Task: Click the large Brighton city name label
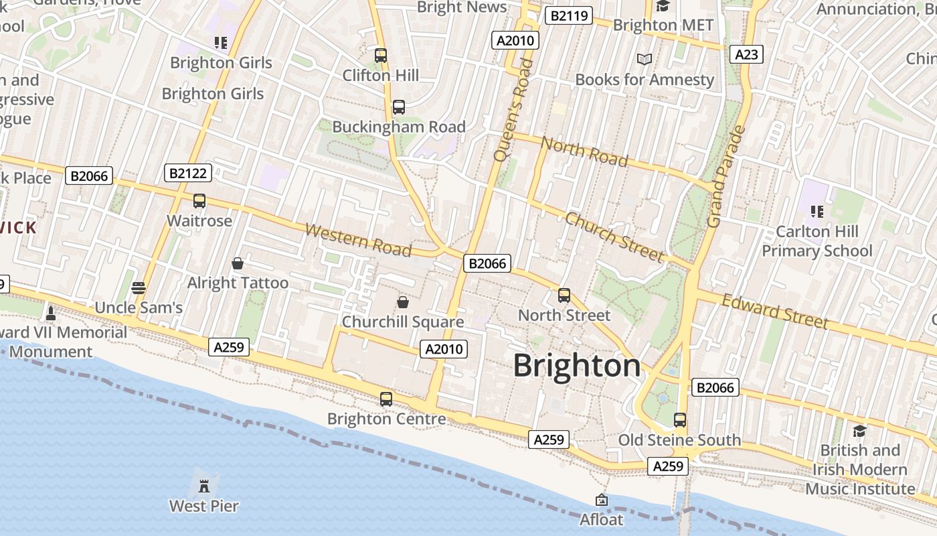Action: click(x=577, y=366)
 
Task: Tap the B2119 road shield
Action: click(x=568, y=15)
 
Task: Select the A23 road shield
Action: click(x=746, y=54)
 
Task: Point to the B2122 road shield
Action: click(x=188, y=174)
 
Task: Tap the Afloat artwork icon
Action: click(x=602, y=500)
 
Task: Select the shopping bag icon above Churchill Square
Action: click(x=403, y=302)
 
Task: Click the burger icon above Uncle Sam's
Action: click(x=139, y=288)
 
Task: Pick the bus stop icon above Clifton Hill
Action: click(x=381, y=56)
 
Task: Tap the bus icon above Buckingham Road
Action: click(x=399, y=107)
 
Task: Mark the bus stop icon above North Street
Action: click(x=564, y=295)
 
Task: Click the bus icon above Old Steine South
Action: click(x=680, y=420)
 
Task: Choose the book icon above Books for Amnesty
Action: click(x=645, y=60)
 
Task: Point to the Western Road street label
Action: click(x=358, y=241)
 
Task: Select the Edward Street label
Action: click(x=775, y=312)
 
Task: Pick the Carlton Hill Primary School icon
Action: click(x=817, y=212)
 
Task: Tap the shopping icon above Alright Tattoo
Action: click(x=237, y=263)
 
